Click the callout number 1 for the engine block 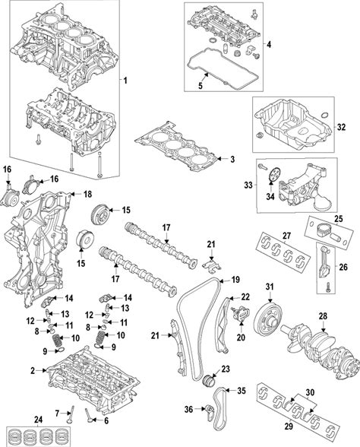(125, 81)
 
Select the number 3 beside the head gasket (232, 160)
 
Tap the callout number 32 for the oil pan (341, 127)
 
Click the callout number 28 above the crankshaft (323, 316)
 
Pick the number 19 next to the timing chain (235, 280)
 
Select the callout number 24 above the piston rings (38, 420)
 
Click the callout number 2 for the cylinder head (33, 371)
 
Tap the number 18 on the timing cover (88, 194)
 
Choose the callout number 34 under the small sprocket (270, 196)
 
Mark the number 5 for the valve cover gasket (201, 85)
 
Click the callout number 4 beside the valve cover (269, 44)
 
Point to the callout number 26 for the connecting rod (343, 267)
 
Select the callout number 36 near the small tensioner (188, 409)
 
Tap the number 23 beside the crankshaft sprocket (226, 369)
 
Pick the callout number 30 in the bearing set (310, 392)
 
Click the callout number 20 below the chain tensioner (241, 338)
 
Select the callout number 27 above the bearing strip (286, 236)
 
